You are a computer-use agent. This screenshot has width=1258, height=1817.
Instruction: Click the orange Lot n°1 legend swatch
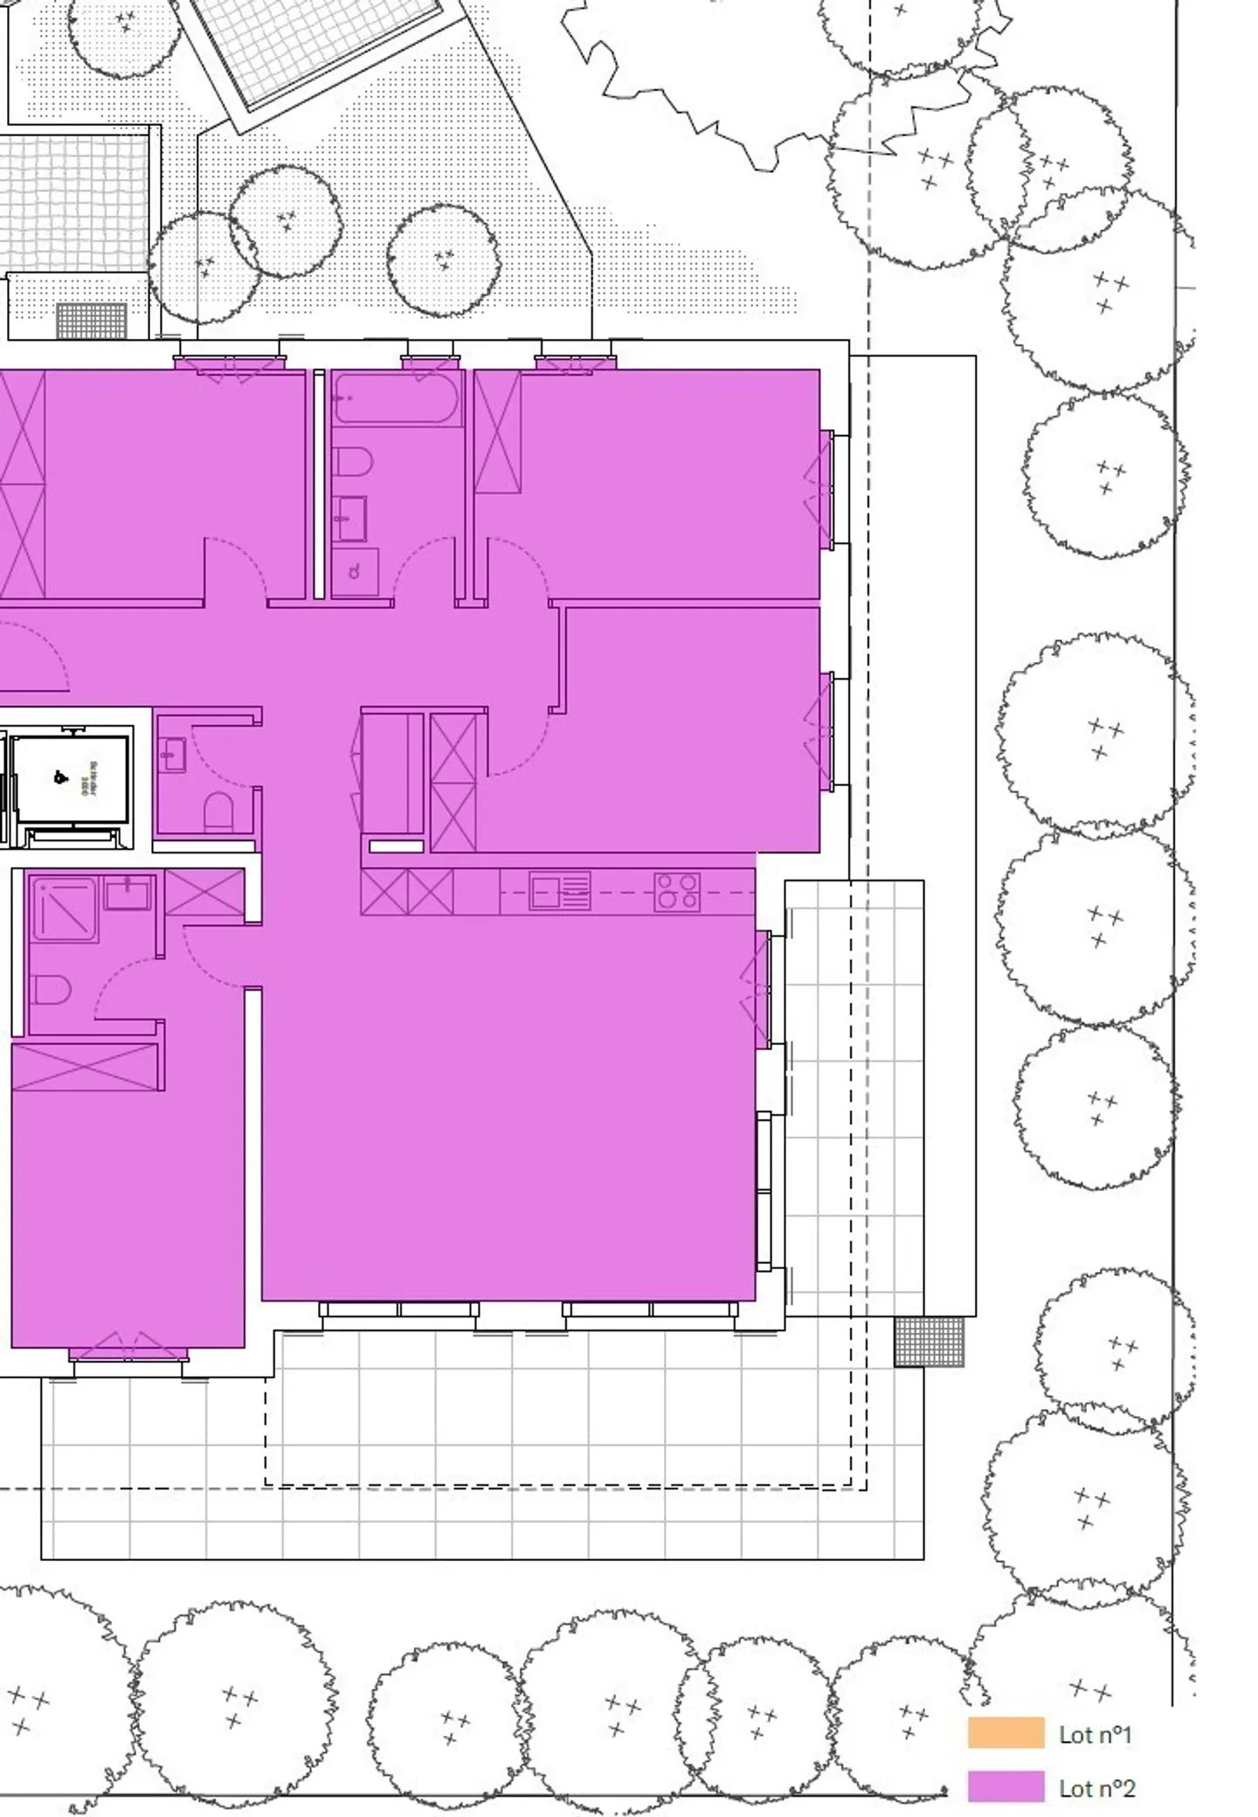coord(1006,1732)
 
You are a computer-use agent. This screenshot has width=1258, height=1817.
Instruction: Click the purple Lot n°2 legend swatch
coord(1006,1786)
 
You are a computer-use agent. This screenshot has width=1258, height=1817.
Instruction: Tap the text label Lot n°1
coord(1096,1734)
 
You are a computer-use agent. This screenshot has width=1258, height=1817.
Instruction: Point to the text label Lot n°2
coord(1096,1788)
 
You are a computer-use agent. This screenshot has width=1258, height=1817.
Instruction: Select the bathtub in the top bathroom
coord(397,398)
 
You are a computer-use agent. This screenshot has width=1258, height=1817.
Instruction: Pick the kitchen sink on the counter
coord(559,892)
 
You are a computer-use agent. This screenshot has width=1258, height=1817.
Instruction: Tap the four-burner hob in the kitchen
coord(677,892)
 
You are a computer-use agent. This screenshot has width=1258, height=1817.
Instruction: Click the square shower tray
coord(64,909)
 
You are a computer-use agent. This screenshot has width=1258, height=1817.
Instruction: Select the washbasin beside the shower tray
coord(128,894)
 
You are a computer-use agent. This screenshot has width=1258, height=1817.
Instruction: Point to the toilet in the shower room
coord(51,990)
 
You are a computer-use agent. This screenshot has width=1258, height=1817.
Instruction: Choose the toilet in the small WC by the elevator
coord(218,810)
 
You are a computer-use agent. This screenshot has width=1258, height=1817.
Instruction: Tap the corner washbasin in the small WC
coord(172,752)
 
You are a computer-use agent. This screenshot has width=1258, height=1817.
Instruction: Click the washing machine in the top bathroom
coord(356,572)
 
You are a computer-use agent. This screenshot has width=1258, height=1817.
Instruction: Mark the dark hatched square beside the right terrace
coord(929,1341)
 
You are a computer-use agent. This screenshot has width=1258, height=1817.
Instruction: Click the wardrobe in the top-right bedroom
coord(498,432)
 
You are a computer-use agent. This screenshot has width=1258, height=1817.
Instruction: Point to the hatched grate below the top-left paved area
coord(92,321)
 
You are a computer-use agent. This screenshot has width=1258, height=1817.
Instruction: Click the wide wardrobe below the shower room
coord(86,1067)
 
